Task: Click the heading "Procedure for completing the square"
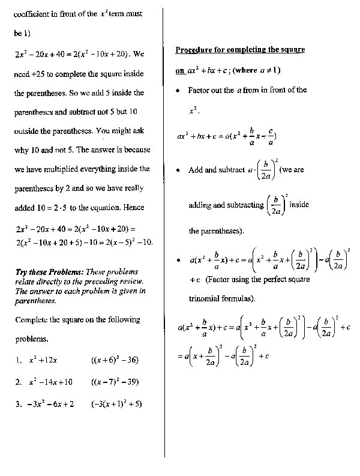pos(240,49)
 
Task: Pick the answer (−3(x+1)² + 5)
pos(116,404)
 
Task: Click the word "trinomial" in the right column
pos(206,298)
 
